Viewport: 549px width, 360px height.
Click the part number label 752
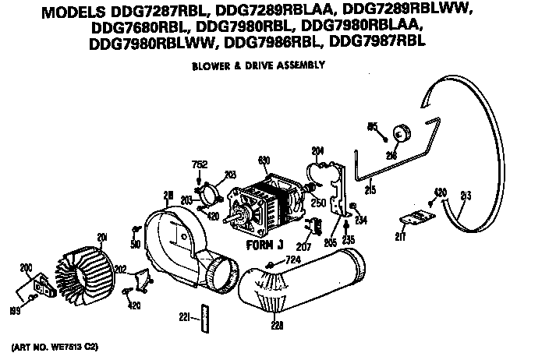point(199,164)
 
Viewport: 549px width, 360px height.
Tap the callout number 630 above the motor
point(264,160)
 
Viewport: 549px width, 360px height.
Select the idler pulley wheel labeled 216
point(402,133)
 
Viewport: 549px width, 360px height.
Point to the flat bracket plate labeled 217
point(414,221)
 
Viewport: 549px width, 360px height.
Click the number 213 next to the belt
point(466,194)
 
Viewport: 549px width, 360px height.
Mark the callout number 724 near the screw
point(292,259)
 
